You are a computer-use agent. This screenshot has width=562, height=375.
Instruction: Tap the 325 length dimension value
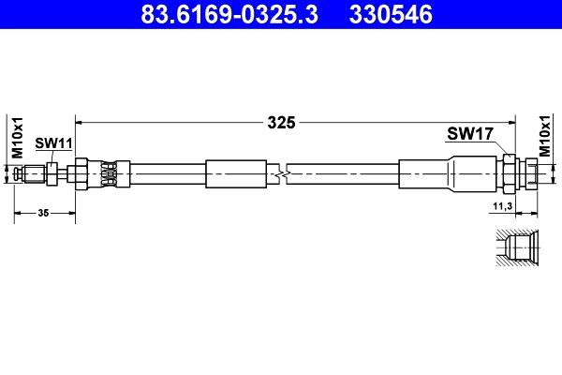[x=281, y=122]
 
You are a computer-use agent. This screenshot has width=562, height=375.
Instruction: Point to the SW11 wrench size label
[x=53, y=142]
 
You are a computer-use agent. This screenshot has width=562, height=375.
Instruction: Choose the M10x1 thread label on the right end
[x=545, y=137]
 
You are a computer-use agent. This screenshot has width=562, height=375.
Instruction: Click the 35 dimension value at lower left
[x=43, y=214]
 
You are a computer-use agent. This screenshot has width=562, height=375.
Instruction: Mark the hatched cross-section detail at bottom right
[x=514, y=248]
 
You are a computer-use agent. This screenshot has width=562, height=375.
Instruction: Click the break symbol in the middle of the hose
[x=281, y=173]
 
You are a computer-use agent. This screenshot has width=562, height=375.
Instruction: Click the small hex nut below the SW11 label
[x=52, y=173]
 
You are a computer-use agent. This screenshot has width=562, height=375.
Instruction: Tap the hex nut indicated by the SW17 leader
[x=510, y=173]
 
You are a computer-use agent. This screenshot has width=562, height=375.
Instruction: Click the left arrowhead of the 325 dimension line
[x=80, y=122]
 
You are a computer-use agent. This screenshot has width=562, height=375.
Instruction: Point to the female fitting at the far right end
[x=530, y=173]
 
